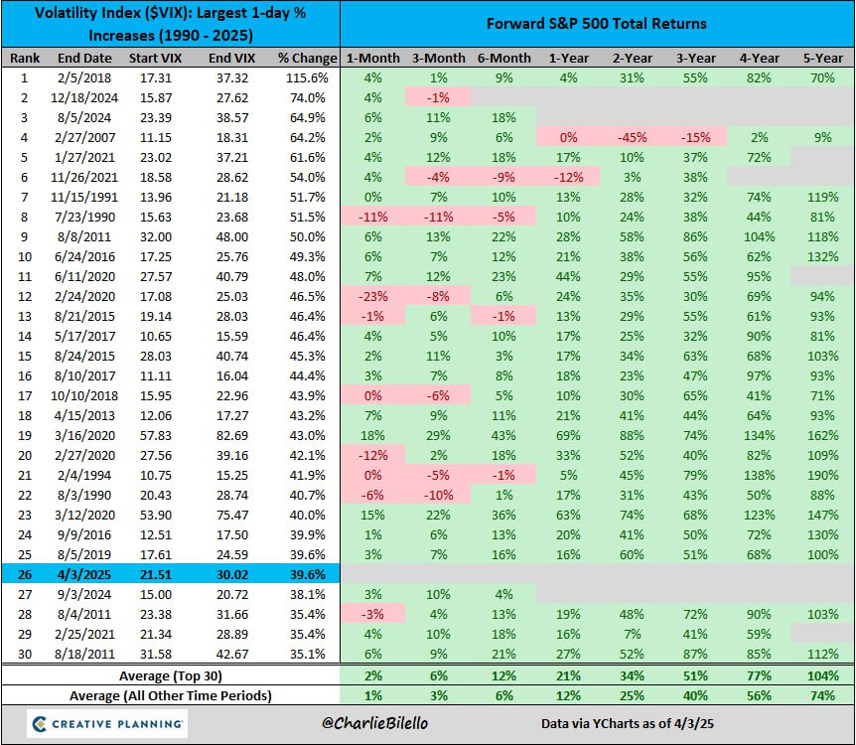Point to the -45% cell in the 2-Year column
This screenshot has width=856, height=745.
click(628, 137)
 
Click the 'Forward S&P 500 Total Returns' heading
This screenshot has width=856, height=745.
click(597, 24)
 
